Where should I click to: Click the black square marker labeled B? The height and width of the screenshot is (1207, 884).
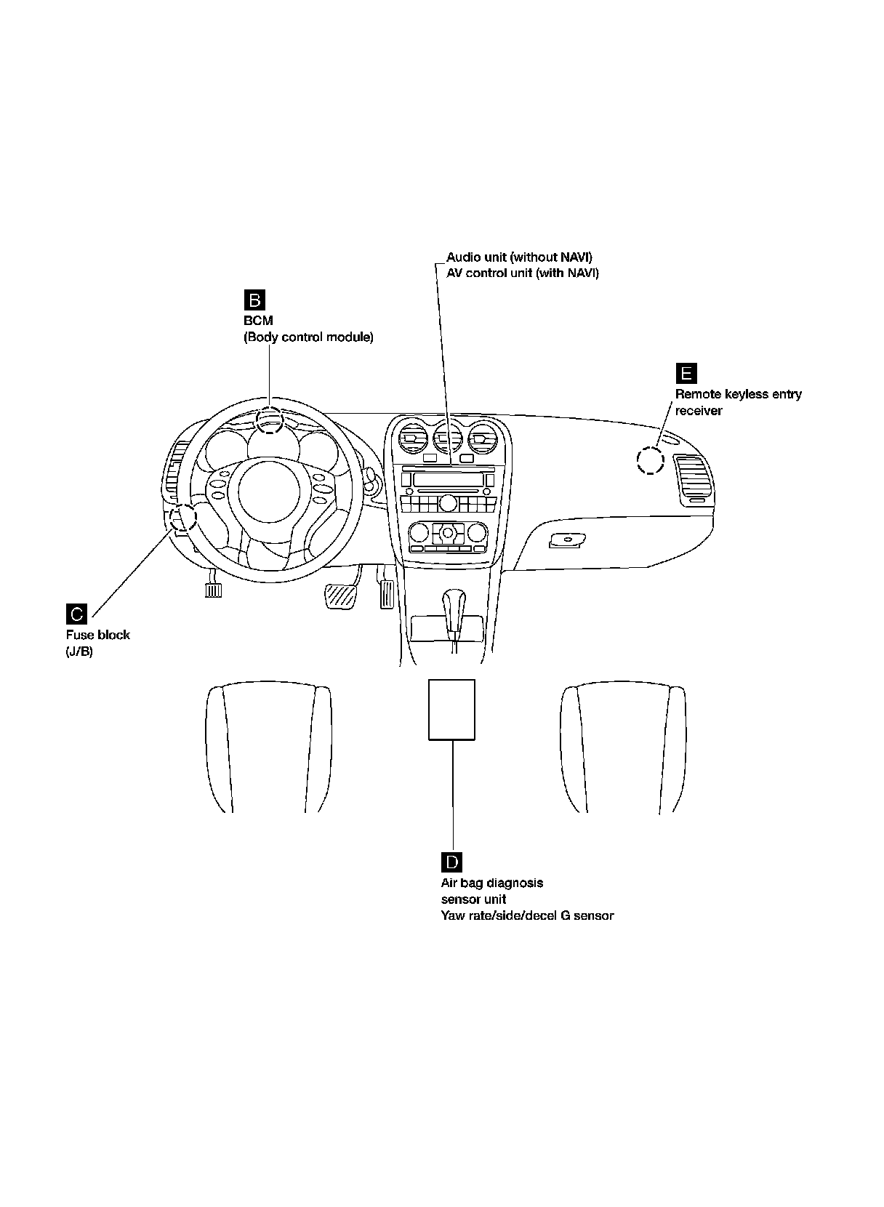tap(254, 300)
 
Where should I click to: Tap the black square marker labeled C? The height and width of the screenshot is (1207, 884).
tap(76, 614)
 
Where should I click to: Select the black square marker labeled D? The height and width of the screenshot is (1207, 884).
tap(451, 862)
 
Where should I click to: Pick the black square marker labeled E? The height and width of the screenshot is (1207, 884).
tap(686, 374)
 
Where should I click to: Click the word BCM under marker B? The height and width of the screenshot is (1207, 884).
tap(258, 321)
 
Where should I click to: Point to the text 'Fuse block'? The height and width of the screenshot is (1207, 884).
tap(98, 635)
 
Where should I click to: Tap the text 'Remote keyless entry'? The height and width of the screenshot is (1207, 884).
tap(738, 394)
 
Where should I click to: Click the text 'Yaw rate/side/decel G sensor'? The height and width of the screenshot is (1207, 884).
tap(527, 915)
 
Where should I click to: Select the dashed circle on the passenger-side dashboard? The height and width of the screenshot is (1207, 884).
tap(650, 460)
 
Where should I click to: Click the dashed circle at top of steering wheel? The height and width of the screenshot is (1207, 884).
tap(270, 420)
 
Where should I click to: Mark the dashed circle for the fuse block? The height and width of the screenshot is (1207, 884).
tap(182, 517)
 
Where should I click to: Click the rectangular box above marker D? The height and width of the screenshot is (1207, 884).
tap(451, 710)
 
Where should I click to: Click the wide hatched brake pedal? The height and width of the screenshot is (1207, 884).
tap(339, 597)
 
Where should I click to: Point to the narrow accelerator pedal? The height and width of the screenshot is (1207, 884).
tap(386, 593)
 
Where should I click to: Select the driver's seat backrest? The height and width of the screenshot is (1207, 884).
tap(269, 749)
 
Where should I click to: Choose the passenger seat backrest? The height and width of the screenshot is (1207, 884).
tap(624, 749)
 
